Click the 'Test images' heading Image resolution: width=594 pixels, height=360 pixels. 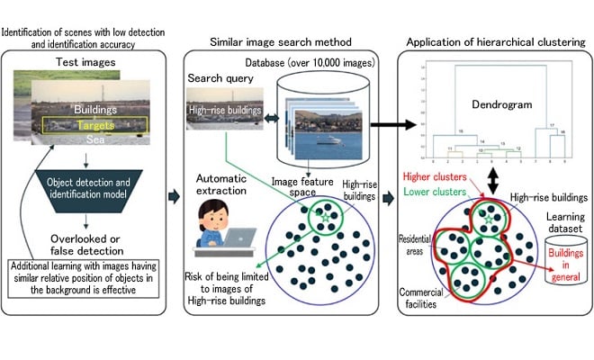pyautogui.click(x=84, y=65)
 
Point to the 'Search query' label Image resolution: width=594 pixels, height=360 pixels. pyautogui.click(x=218, y=78)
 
